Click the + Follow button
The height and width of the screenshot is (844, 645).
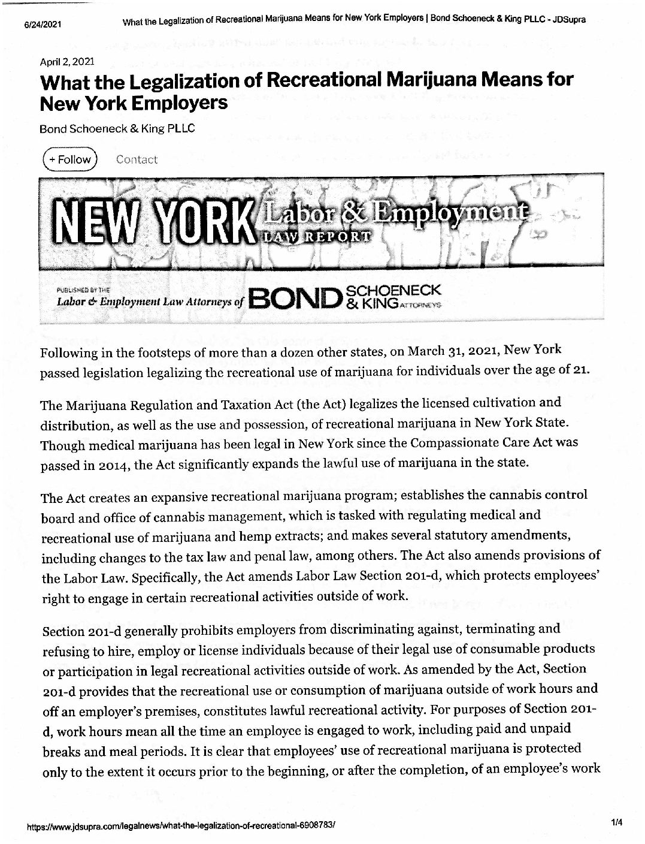[69, 159]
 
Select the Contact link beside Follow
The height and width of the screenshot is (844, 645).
[137, 159]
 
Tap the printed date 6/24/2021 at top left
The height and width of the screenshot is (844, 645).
[44, 25]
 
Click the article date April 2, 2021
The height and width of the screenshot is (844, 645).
[66, 61]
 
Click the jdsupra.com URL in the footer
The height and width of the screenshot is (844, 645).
[180, 826]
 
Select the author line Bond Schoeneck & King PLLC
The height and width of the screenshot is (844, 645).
[117, 128]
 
